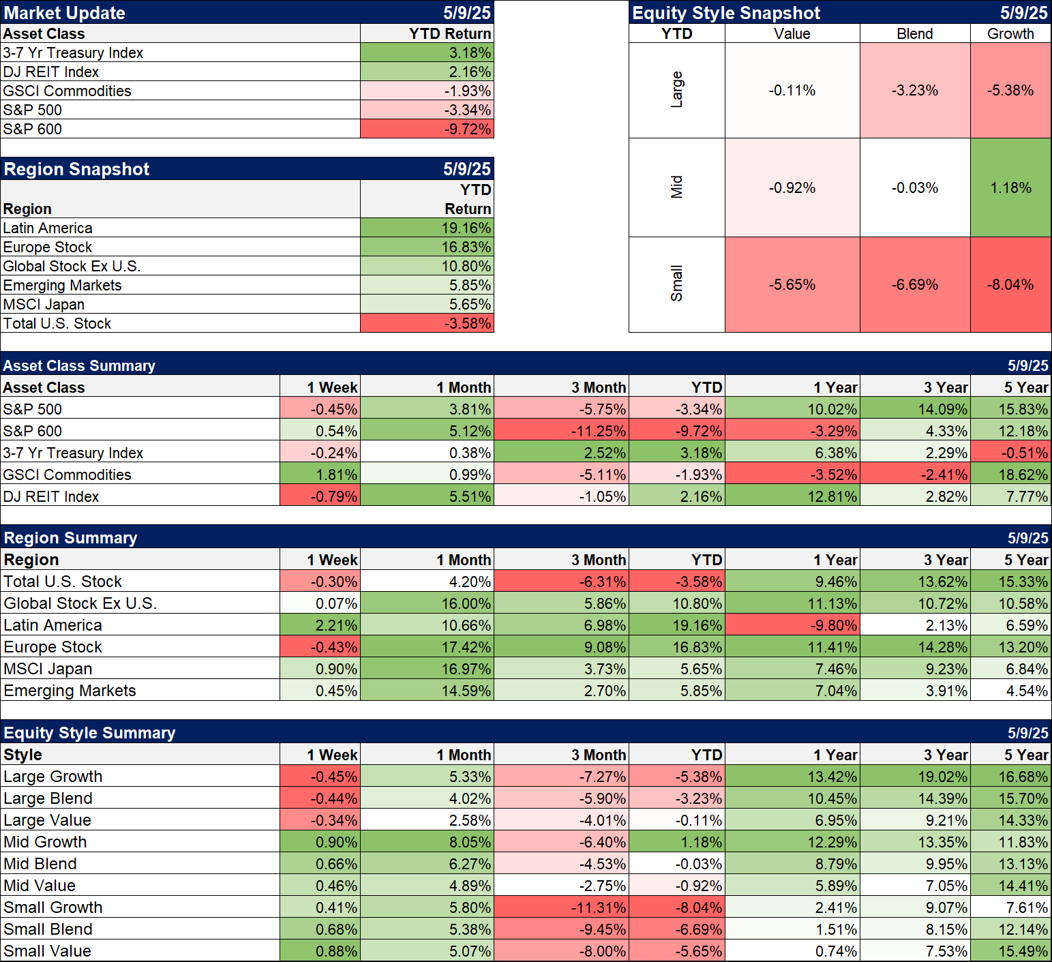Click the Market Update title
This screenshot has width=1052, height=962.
point(65,13)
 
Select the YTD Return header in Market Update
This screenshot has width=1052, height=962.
point(450,33)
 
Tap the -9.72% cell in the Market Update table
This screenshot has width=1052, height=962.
point(468,129)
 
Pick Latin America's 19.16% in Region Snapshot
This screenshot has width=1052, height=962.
point(466,228)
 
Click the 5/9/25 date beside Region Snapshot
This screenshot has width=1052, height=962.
point(467,169)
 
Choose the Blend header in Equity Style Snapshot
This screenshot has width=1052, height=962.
point(914,33)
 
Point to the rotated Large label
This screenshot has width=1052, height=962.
point(676,90)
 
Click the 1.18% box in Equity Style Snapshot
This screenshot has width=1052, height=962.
point(1010,187)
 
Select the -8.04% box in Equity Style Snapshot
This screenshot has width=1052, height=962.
point(1010,284)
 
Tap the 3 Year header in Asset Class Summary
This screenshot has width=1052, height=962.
point(946,387)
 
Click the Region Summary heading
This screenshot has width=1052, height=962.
point(70,538)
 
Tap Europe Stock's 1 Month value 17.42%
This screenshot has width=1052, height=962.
point(466,647)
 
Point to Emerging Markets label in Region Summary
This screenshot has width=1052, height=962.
point(70,691)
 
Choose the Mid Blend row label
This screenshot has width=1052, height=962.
point(40,864)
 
